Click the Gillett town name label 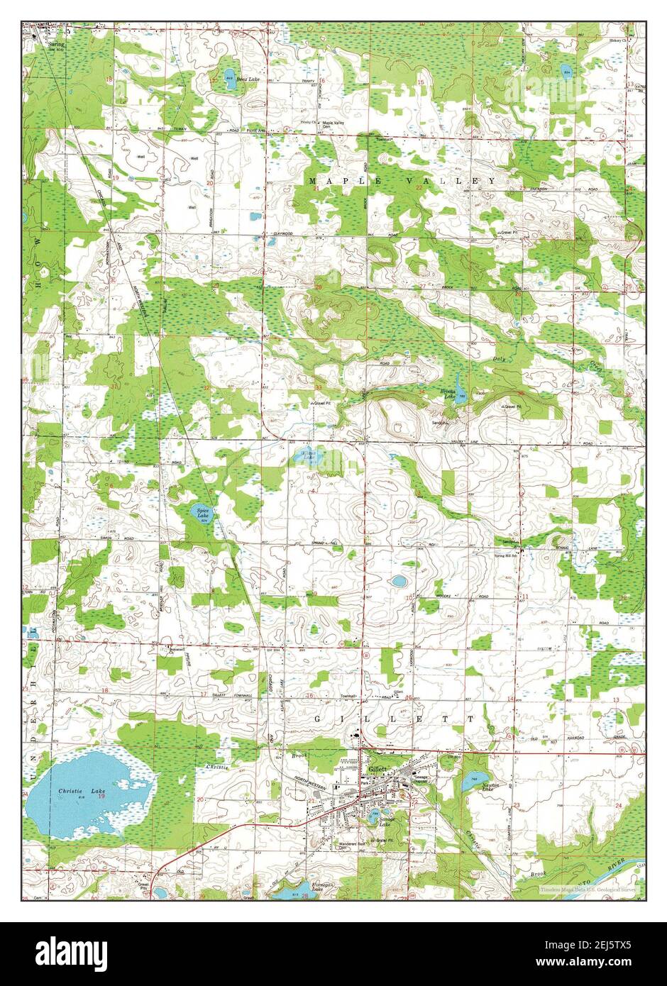[x=376, y=770]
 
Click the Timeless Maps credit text [x=589, y=889]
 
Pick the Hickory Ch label [x=619, y=40]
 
